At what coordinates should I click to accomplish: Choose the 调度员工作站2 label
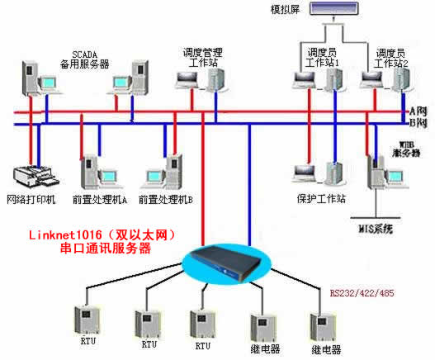(390, 57)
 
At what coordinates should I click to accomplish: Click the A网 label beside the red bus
(418, 111)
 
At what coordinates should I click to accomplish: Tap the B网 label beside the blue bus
(418, 123)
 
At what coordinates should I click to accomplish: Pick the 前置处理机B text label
(167, 200)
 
